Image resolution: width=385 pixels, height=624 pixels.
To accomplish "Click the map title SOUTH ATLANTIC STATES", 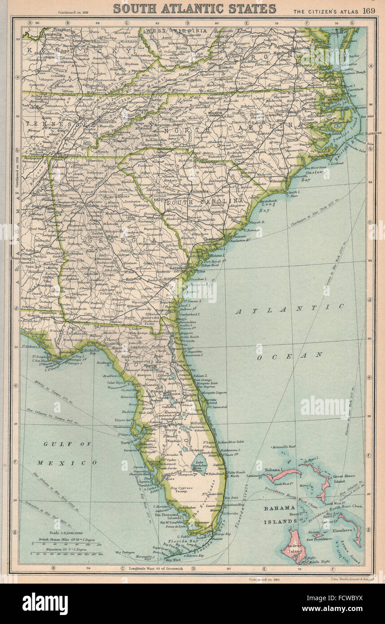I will (194, 8).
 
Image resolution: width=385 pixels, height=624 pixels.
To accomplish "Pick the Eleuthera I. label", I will (345, 530).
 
